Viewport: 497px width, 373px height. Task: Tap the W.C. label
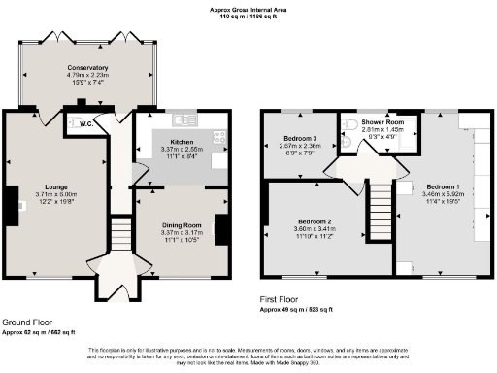coord(86,124)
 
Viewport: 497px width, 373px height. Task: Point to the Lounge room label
coord(55,186)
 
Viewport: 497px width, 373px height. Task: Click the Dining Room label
coord(181,225)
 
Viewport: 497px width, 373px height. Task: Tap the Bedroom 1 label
coord(442,186)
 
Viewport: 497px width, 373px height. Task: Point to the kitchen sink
coord(180,120)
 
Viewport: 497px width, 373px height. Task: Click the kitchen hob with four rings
coord(218,138)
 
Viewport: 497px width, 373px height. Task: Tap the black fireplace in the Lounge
coord(19,204)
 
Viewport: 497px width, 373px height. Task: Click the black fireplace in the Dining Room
coord(219,231)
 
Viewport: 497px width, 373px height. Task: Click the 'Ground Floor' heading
coord(27,322)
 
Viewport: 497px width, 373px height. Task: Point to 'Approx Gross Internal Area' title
coord(248,9)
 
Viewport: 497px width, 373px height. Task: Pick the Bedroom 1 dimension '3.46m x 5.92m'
coord(442,194)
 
